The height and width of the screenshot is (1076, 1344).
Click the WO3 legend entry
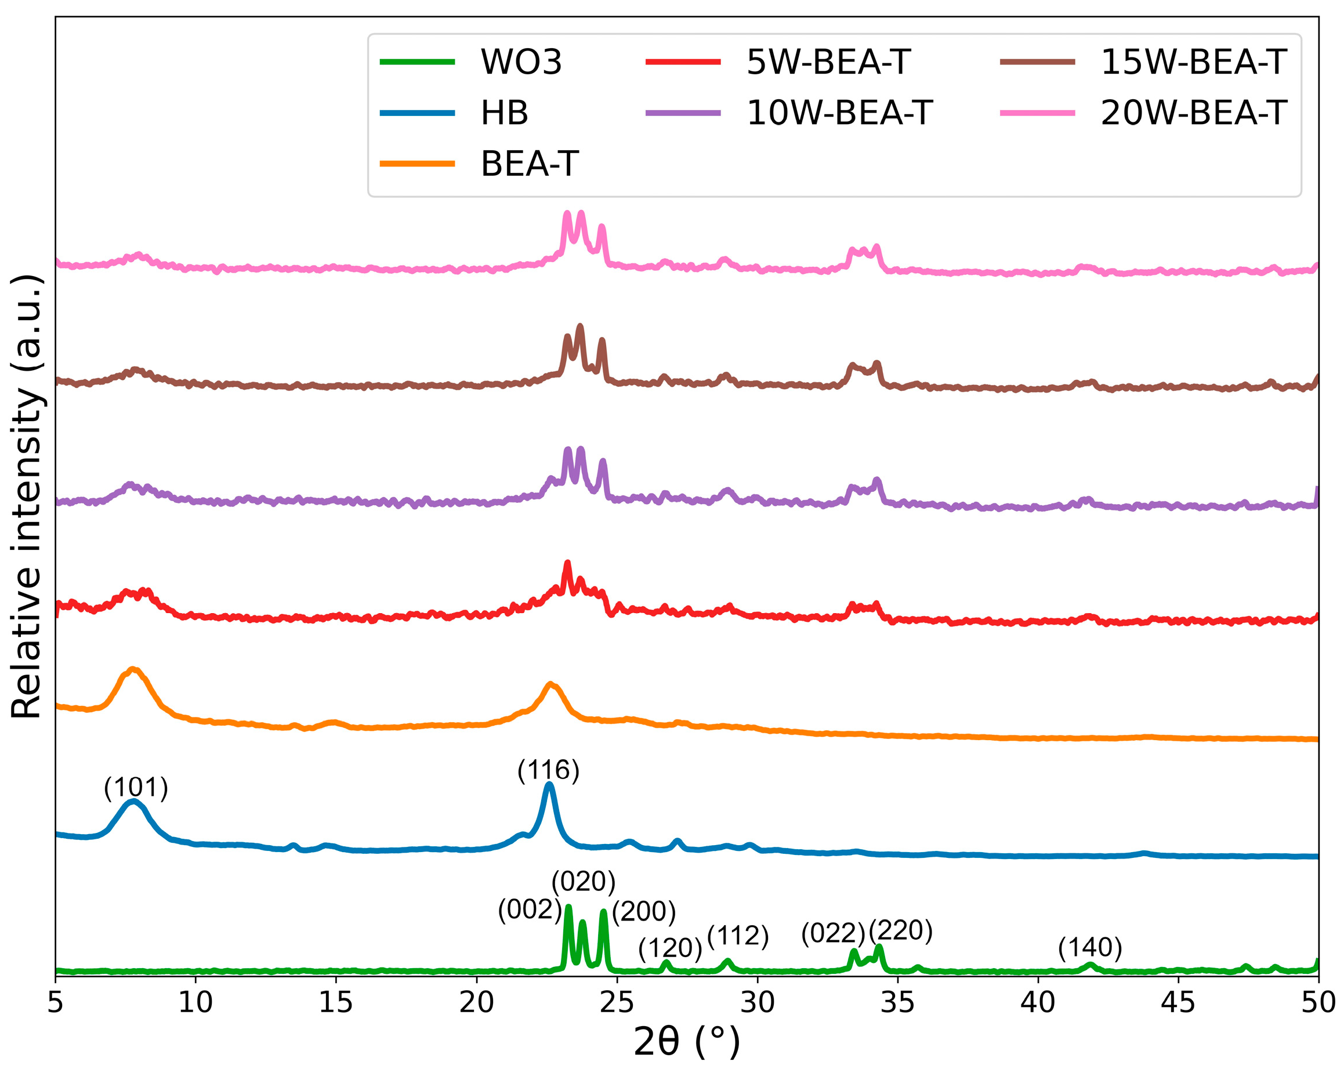click(520, 62)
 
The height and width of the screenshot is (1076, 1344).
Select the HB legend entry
click(503, 113)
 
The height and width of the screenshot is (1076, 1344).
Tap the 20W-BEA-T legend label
click(1193, 113)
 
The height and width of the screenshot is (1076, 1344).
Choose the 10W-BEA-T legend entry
click(839, 113)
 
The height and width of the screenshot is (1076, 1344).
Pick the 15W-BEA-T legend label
click(1193, 62)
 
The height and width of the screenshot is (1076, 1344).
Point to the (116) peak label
click(548, 770)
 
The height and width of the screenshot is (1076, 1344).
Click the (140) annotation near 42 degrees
click(1090, 948)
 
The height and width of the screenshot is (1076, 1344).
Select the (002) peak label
click(529, 910)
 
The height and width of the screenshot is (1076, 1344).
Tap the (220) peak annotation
click(900, 931)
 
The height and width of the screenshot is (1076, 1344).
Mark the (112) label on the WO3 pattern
click(737, 936)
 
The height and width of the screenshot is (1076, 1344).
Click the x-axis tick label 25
click(617, 1002)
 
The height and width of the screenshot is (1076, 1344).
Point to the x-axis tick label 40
click(1037, 1002)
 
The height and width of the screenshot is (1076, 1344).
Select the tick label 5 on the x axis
click(56, 1002)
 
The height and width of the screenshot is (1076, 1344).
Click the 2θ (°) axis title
click(686, 1042)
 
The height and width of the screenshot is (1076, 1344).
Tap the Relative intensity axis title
click(26, 496)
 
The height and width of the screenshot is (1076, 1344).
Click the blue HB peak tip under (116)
click(549, 784)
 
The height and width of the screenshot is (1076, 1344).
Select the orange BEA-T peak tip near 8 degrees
click(133, 669)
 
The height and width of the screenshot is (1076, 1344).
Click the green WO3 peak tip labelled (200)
click(603, 912)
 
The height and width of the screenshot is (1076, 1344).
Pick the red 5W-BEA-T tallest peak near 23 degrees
click(567, 563)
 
